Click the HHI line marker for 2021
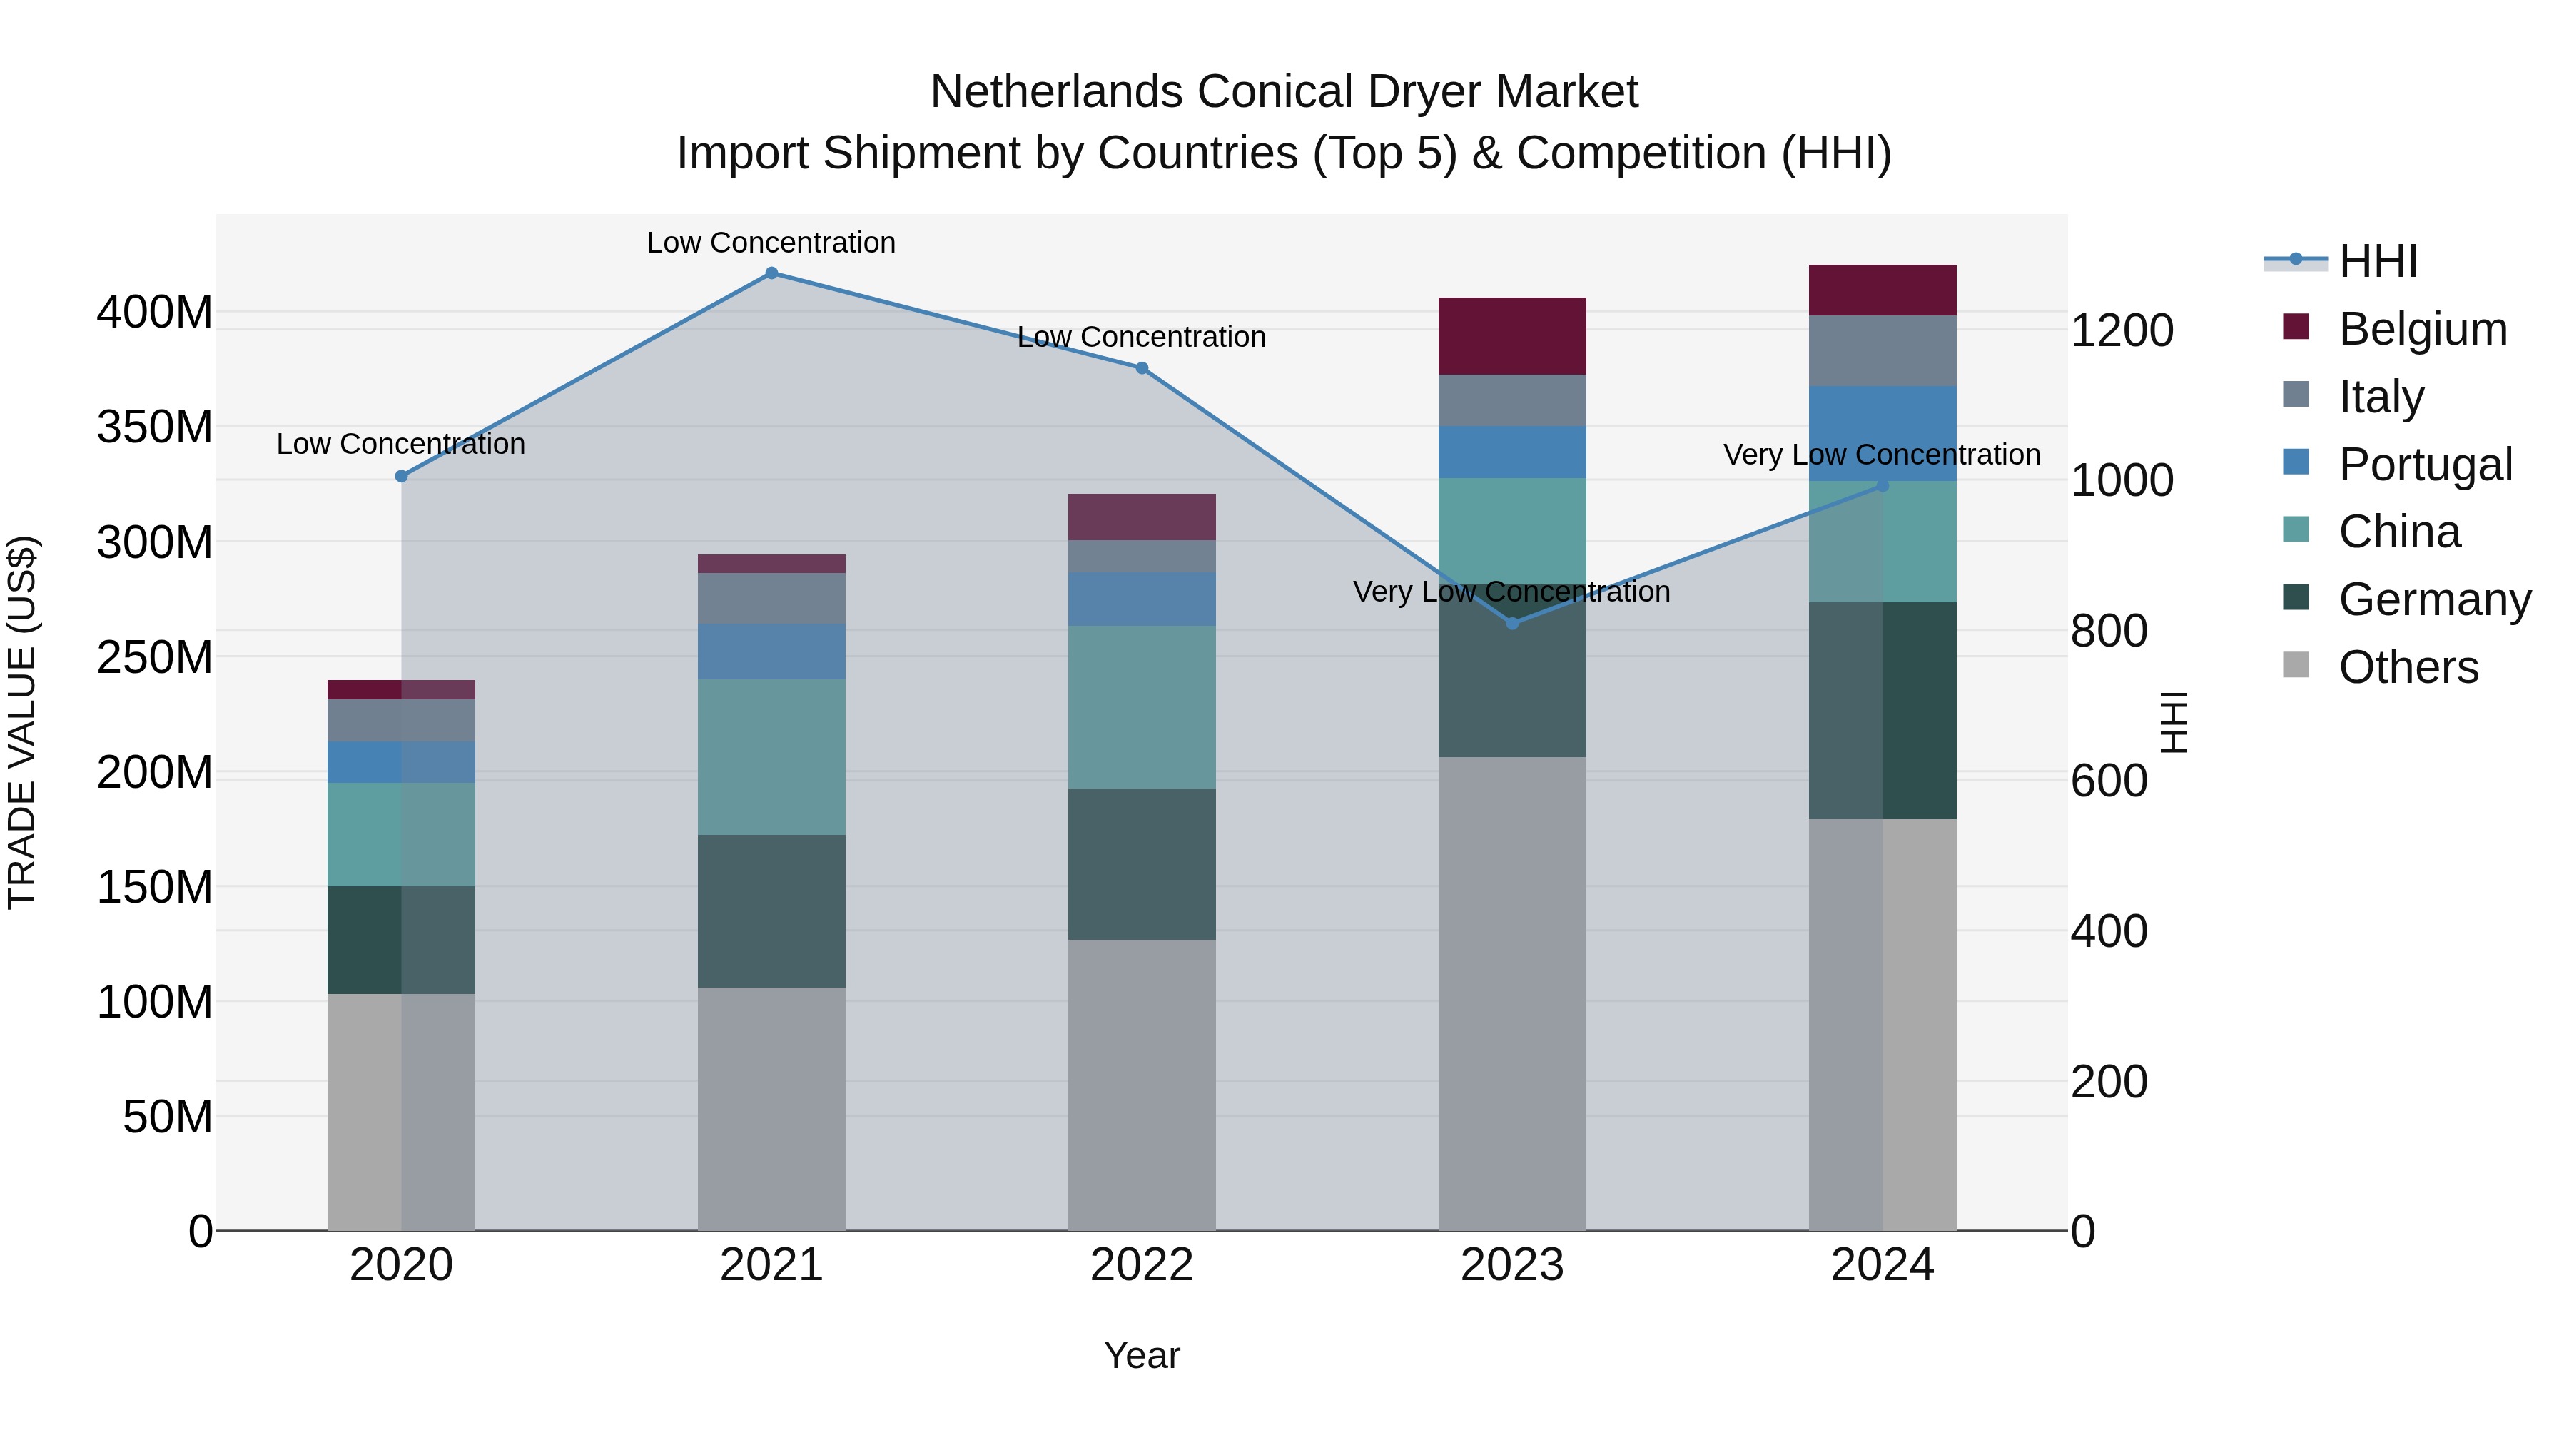coord(771,273)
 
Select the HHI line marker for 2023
coord(1512,623)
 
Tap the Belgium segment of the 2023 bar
coord(1512,336)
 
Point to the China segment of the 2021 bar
coord(771,757)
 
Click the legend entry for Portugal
coord(2423,465)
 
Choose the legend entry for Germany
coord(2433,599)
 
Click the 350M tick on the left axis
coord(155,427)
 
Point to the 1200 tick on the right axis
coord(2122,330)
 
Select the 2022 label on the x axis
coord(1142,1265)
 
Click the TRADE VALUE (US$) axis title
coord(22,722)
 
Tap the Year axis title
coord(1142,1355)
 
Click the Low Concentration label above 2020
coord(401,444)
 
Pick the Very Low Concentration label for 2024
coord(1881,455)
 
